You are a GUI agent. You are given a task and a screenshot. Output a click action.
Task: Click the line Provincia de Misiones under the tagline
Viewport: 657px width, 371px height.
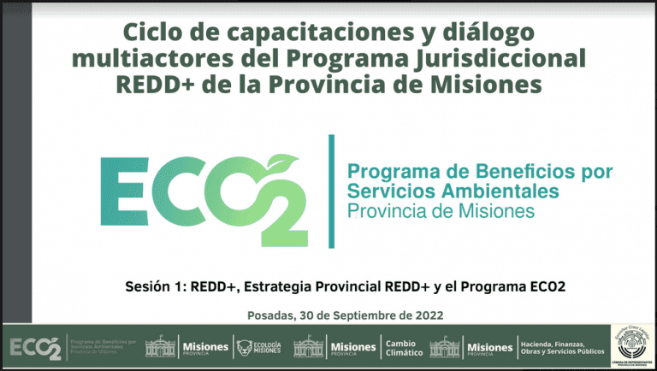440,209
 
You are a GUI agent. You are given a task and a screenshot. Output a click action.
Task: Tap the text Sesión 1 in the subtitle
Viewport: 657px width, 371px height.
155,286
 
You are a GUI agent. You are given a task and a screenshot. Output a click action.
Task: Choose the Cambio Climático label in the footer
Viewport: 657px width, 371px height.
404,347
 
